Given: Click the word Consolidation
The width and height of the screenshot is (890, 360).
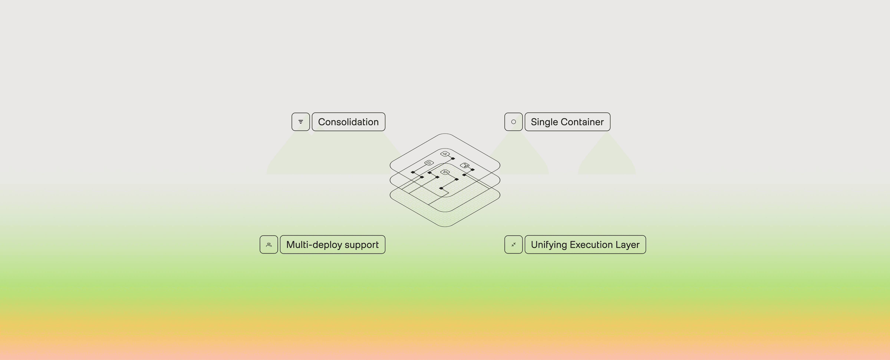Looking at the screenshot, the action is pos(348,122).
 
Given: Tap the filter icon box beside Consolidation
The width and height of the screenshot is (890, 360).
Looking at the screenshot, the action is pos(301,122).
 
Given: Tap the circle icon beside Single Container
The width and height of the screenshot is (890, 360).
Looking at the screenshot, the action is pos(513,122).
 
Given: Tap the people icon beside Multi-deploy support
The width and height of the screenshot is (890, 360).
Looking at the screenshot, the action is pos(269,245).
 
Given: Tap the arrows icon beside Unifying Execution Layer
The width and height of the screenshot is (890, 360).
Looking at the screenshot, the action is pos(513,245).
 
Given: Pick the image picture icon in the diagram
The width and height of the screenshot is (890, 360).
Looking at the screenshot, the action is pos(465,166).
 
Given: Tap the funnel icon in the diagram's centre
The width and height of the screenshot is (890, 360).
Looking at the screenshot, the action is pos(445,172).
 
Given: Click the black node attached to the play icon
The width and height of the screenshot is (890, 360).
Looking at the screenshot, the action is pos(453,158).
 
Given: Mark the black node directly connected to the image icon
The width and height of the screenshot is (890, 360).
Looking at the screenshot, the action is pos(473,170).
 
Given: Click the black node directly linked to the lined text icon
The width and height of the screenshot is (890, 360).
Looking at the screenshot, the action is pos(413,172).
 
